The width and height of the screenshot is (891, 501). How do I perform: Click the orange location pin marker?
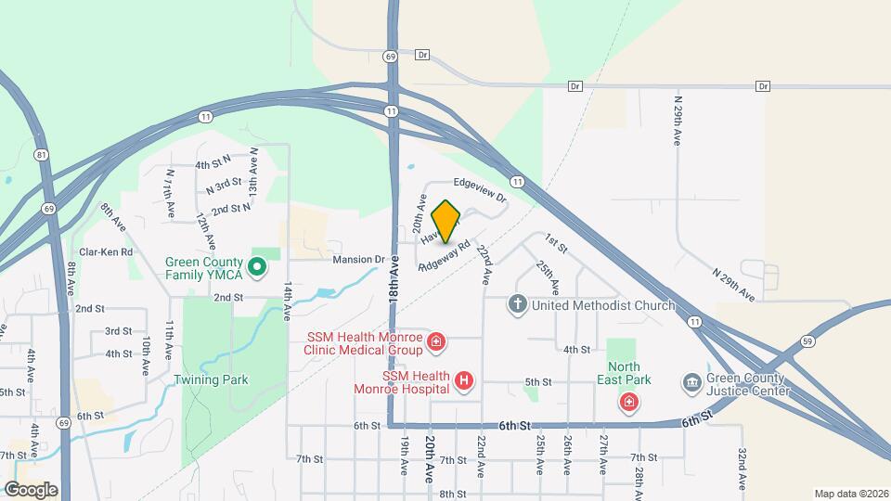coord(446,222)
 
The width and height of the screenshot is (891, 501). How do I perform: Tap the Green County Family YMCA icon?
coord(259,268)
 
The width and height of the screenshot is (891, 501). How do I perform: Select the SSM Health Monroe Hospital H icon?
coord(465,379)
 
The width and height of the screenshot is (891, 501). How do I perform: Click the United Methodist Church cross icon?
coord(518,303)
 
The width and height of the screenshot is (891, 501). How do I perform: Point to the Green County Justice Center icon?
coord(691,383)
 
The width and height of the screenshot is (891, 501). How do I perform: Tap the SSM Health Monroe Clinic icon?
coord(437,345)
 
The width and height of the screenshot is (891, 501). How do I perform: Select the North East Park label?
coord(629,373)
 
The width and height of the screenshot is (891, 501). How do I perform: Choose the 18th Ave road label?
coord(394,289)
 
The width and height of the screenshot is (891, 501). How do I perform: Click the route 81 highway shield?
coord(40,154)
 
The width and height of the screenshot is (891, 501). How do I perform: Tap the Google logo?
coord(31,489)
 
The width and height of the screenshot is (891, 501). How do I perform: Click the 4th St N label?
coord(213,164)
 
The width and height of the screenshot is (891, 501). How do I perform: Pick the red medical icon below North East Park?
coord(629,402)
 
